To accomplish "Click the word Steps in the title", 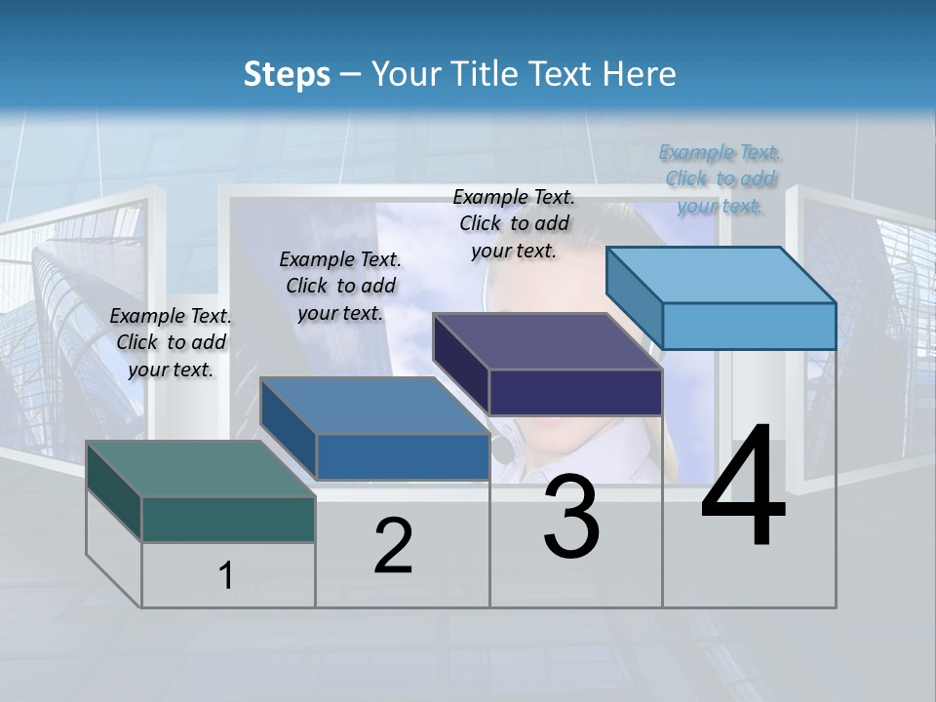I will [x=287, y=74].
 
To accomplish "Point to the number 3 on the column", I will [x=572, y=517].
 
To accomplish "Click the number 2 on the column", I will [x=393, y=546].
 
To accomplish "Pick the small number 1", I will [x=226, y=576].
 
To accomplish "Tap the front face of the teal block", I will [x=228, y=519].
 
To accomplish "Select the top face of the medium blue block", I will [x=374, y=406].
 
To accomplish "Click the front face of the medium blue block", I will [x=403, y=456].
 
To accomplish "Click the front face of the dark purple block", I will [x=575, y=392].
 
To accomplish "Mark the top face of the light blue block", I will [x=721, y=274].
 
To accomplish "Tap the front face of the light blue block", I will [x=749, y=326].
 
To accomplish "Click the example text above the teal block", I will [x=171, y=342].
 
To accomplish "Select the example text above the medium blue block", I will [x=340, y=286].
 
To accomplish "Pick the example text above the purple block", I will [x=514, y=223].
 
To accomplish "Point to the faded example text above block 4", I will [x=720, y=178].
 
